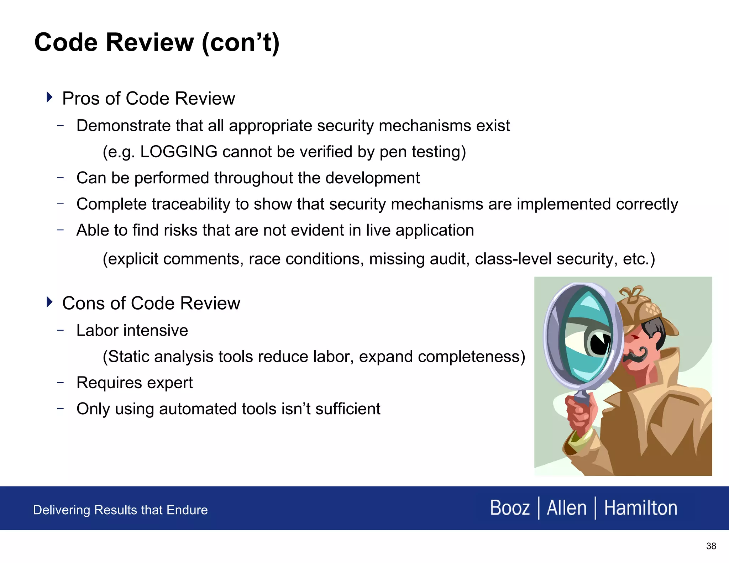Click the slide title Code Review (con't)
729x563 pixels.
157,42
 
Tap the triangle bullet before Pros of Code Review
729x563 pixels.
49,97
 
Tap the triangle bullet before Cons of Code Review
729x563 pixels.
49,302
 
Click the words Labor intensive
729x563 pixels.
132,331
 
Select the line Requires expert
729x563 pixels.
134,383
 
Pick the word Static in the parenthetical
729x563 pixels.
128,357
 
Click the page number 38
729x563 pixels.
711,546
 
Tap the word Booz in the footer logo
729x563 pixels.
509,508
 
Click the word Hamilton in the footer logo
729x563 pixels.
640,508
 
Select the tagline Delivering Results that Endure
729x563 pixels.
120,510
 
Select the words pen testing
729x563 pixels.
423,152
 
